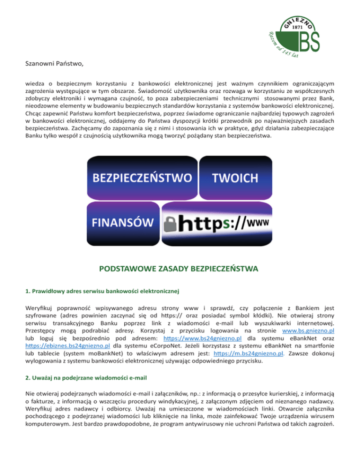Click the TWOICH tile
[x=235, y=178]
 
